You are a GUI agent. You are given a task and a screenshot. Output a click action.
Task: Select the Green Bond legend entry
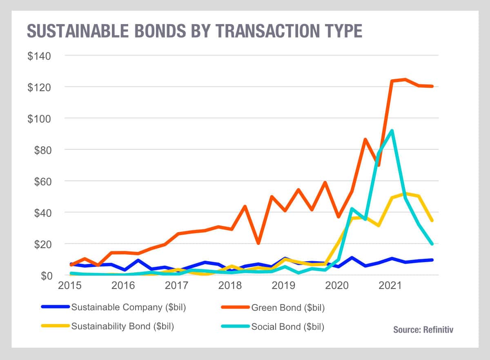pyautogui.click(x=288, y=307)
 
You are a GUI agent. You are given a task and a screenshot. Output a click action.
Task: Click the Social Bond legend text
pyautogui.click(x=288, y=327)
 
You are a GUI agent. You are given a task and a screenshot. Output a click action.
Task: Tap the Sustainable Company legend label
pyautogui.click(x=128, y=307)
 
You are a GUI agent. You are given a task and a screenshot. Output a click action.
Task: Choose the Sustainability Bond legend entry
pyautogui.click(x=122, y=327)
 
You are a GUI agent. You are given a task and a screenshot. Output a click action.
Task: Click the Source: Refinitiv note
pyautogui.click(x=423, y=329)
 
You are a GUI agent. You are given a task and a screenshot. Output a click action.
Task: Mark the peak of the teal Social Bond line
pyautogui.click(x=392, y=131)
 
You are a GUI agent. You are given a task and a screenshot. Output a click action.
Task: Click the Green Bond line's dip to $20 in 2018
pyautogui.click(x=258, y=243)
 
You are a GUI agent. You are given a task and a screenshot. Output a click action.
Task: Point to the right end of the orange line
pyautogui.click(x=432, y=86)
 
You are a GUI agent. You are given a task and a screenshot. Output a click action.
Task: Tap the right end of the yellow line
pyautogui.click(x=432, y=220)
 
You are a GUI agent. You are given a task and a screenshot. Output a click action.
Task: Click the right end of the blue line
pyautogui.click(x=432, y=260)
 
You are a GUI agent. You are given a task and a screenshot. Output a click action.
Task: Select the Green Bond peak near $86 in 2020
pyautogui.click(x=365, y=140)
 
